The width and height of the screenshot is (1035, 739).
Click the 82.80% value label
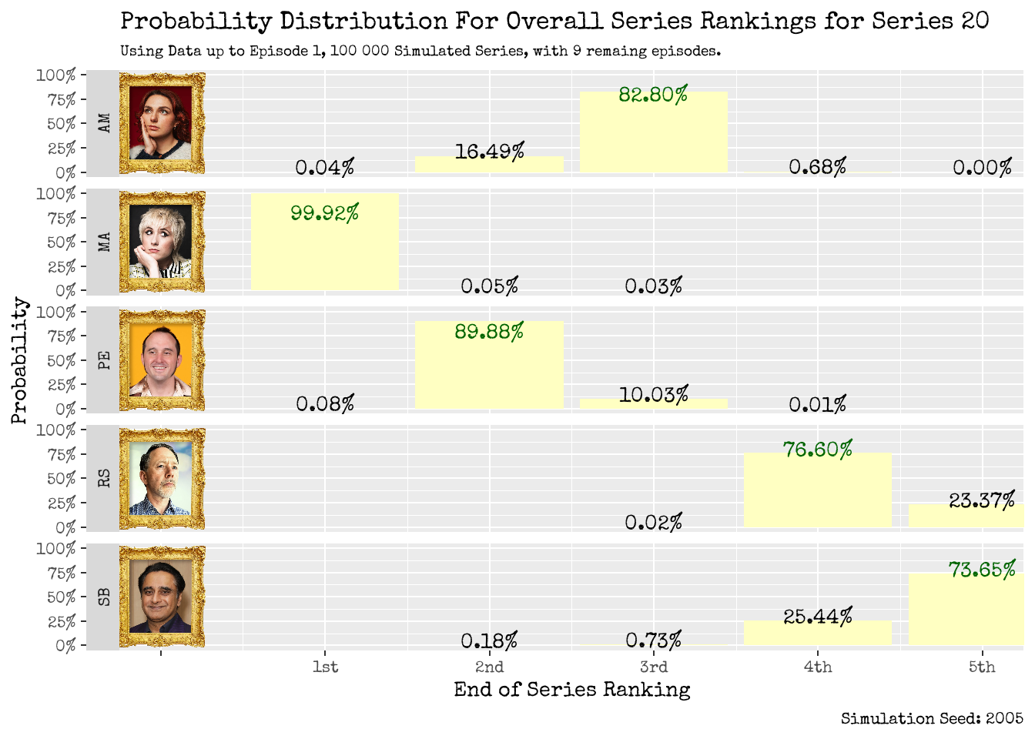653,95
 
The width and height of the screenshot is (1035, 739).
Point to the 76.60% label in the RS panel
817,450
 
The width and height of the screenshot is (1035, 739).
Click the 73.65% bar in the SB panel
966,612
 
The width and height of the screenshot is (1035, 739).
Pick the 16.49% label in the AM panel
489,152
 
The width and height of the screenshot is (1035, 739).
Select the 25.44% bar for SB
817,634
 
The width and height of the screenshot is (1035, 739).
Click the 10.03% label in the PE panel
653,395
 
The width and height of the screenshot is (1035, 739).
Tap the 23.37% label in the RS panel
981,501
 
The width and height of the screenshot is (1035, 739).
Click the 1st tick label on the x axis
325,667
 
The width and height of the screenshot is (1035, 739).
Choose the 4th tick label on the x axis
817,667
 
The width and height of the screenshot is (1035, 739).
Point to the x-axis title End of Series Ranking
571,690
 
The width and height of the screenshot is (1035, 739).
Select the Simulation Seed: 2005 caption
932,718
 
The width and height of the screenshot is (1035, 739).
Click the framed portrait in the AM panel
162,123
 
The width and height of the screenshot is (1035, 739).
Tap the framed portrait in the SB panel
162,597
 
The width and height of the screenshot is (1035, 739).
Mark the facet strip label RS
104,478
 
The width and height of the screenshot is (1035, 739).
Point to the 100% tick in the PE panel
56,313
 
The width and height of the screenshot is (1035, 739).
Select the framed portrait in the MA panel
162,242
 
